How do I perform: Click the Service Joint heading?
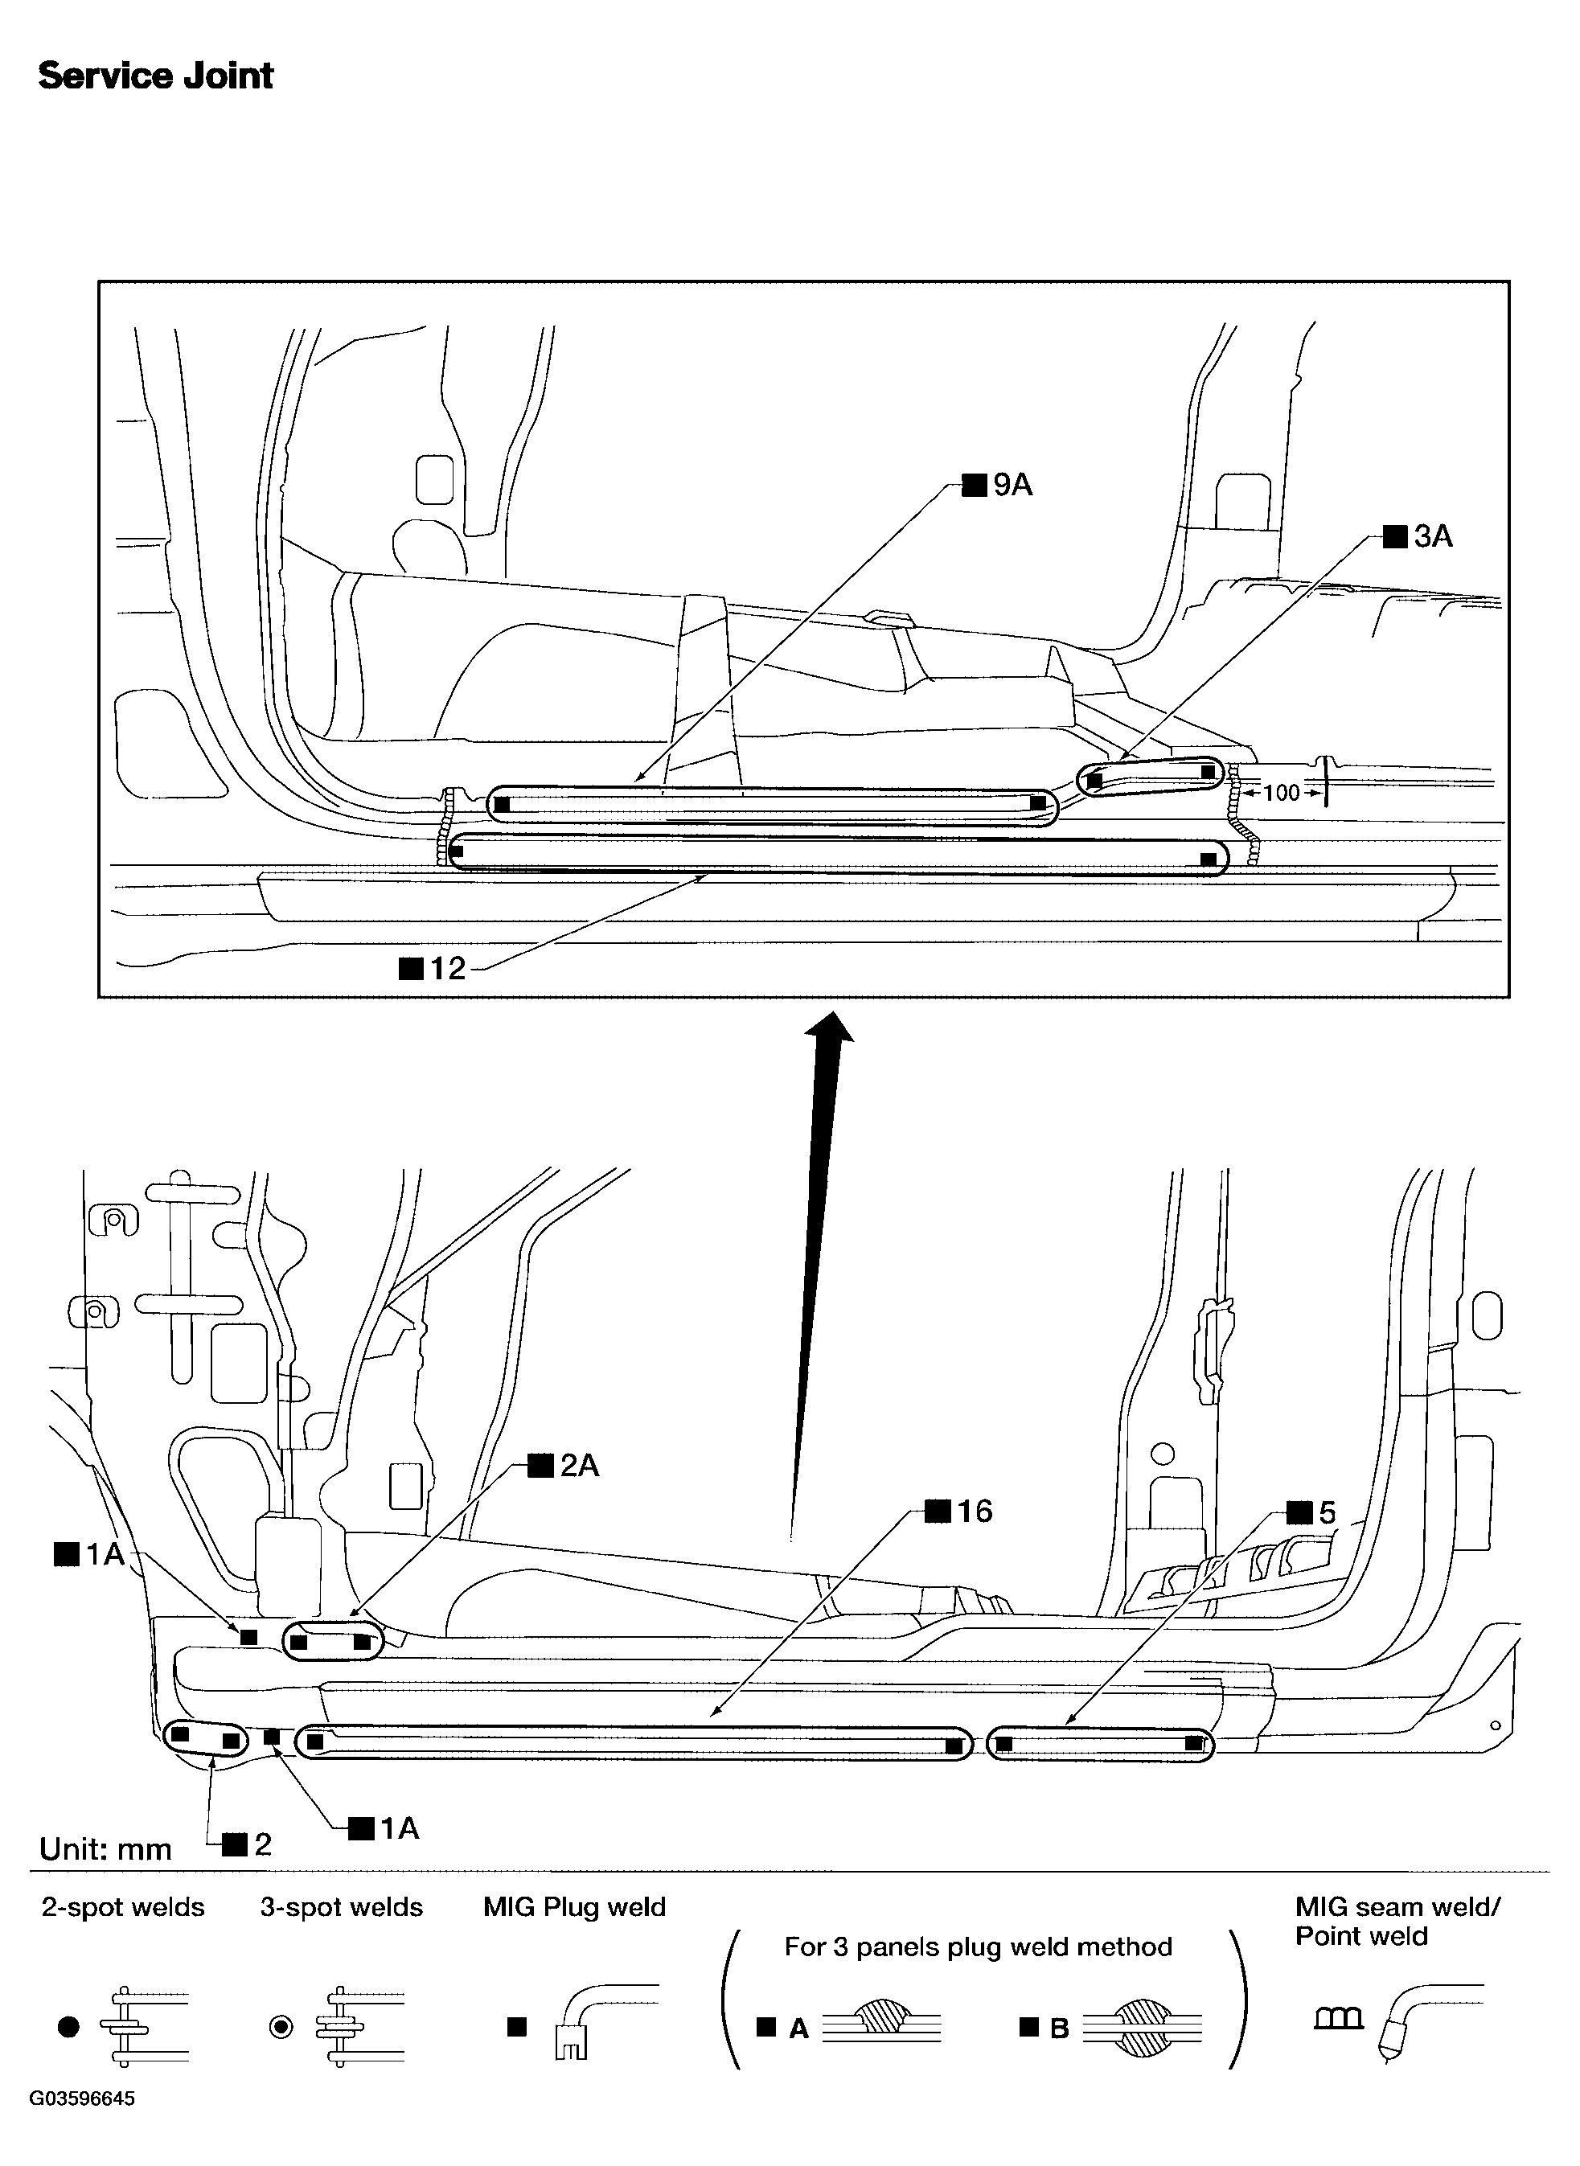pos(156,76)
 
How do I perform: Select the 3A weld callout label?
pos(1418,536)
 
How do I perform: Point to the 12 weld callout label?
pos(433,969)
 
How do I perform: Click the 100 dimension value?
pos(1282,793)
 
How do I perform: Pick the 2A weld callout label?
pos(564,1465)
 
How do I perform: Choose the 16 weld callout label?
pos(959,1511)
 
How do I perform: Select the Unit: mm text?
pos(105,1848)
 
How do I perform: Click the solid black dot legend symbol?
pos(68,2026)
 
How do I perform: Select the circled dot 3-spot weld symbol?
pos(281,2026)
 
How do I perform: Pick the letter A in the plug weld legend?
pos(798,2029)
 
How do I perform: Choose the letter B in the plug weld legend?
pos(1059,2029)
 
